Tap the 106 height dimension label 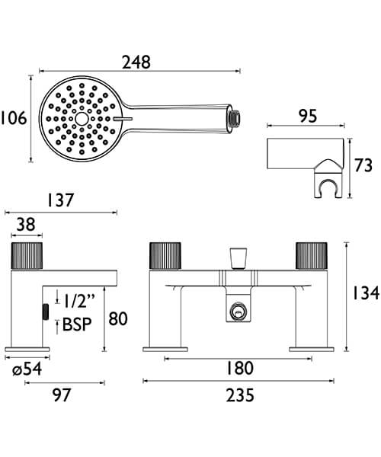(x=14, y=119)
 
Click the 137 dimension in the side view (x=60, y=201)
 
